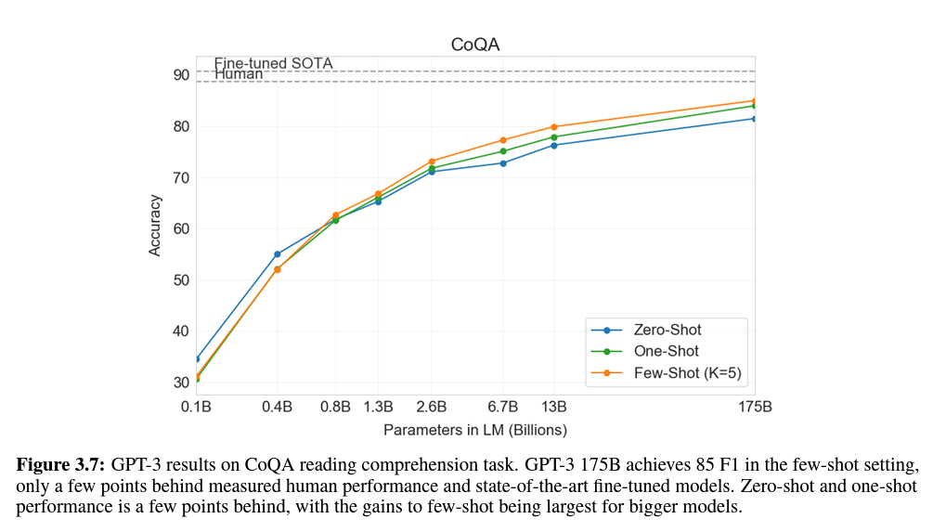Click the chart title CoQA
[x=474, y=45]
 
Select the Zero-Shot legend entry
[x=645, y=330]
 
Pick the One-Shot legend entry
[x=644, y=351]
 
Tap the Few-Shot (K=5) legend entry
[x=666, y=373]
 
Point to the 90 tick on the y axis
[x=181, y=75]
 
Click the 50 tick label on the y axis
[x=181, y=280]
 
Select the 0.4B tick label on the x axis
[x=278, y=407]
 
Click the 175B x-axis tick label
[x=755, y=407]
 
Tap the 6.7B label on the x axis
[x=503, y=407]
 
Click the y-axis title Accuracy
[x=155, y=226]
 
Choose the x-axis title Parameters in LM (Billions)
[x=474, y=430]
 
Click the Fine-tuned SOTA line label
[x=273, y=63]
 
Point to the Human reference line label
[x=238, y=74]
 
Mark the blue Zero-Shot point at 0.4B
[x=278, y=254]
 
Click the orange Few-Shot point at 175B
[x=755, y=101]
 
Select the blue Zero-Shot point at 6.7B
[x=503, y=163]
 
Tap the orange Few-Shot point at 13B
[x=554, y=127]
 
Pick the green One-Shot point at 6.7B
[x=503, y=151]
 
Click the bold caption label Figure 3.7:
[x=60, y=465]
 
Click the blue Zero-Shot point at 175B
[x=755, y=119]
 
